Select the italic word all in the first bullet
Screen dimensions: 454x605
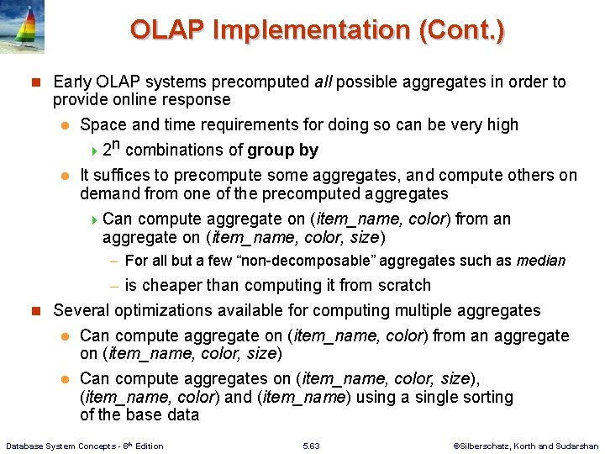[325, 82]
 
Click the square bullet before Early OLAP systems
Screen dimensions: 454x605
[35, 82]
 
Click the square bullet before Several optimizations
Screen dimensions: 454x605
[35, 311]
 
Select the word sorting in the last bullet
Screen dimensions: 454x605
[484, 397]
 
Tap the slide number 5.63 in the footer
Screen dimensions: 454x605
[310, 446]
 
